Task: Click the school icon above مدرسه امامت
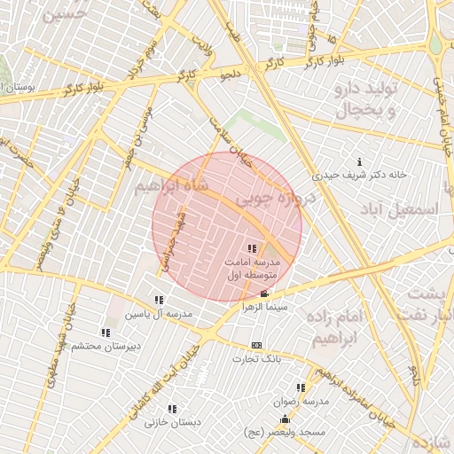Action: point(252,248)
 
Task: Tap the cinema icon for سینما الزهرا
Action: point(264,294)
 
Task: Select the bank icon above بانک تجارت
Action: point(257,345)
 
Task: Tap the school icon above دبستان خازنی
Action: point(172,409)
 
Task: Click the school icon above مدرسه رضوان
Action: point(301,387)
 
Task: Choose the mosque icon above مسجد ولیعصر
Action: point(284,419)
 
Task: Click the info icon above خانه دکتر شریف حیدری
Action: point(359,161)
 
